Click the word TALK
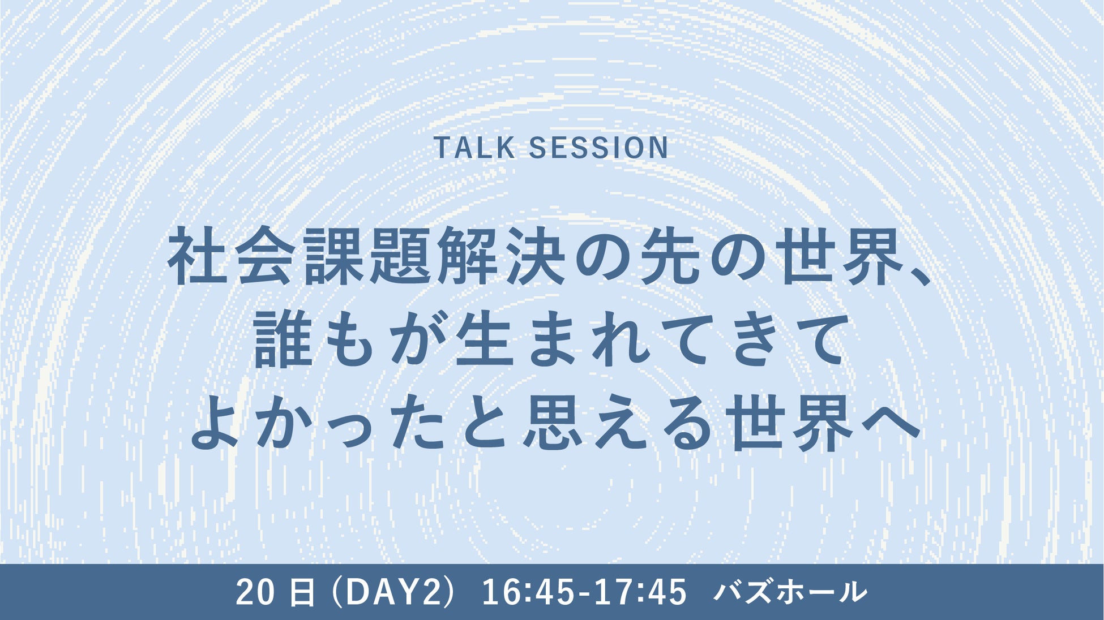tap(474, 148)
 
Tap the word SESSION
tap(598, 148)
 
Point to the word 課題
tap(368, 256)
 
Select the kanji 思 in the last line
tap(553, 423)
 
